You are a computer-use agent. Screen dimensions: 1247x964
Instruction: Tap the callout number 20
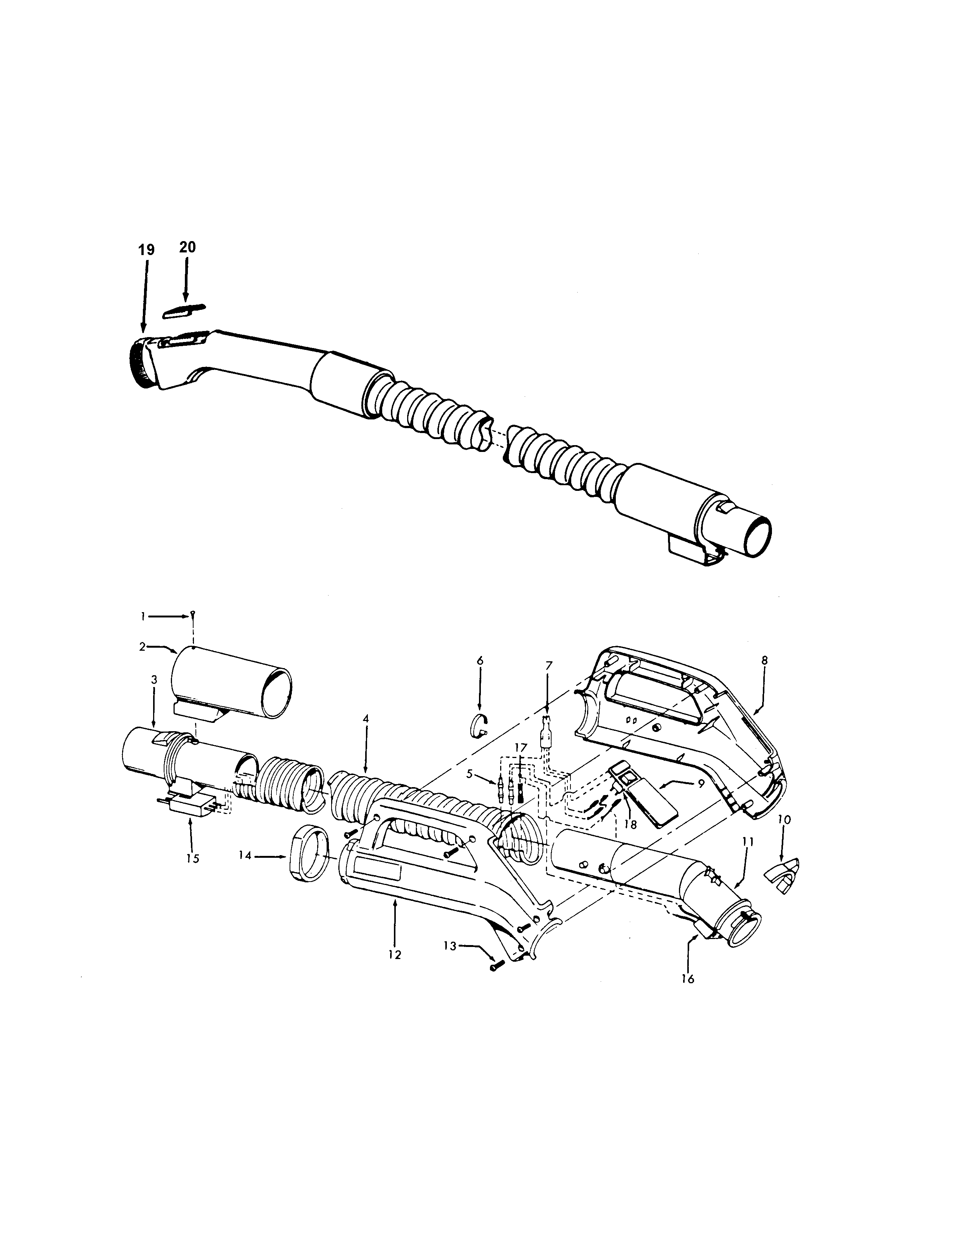(x=187, y=247)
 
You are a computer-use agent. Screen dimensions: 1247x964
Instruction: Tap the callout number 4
(x=366, y=719)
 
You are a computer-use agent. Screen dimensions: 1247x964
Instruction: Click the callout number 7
(x=549, y=666)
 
